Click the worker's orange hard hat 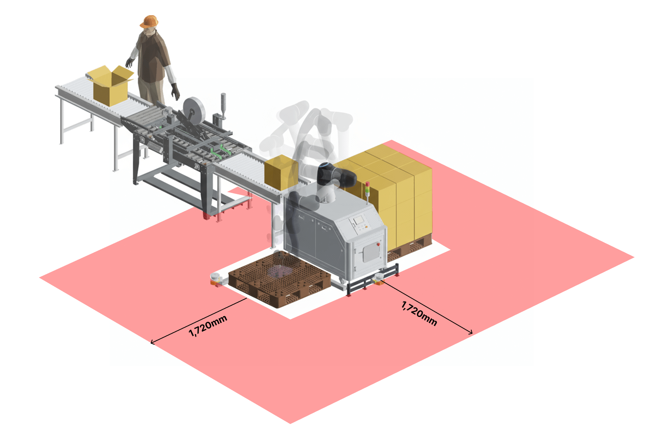tap(149, 21)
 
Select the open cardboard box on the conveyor tap(110, 85)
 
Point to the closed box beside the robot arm tap(281, 172)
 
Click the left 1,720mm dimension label tap(208, 325)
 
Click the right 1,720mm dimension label tap(419, 313)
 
